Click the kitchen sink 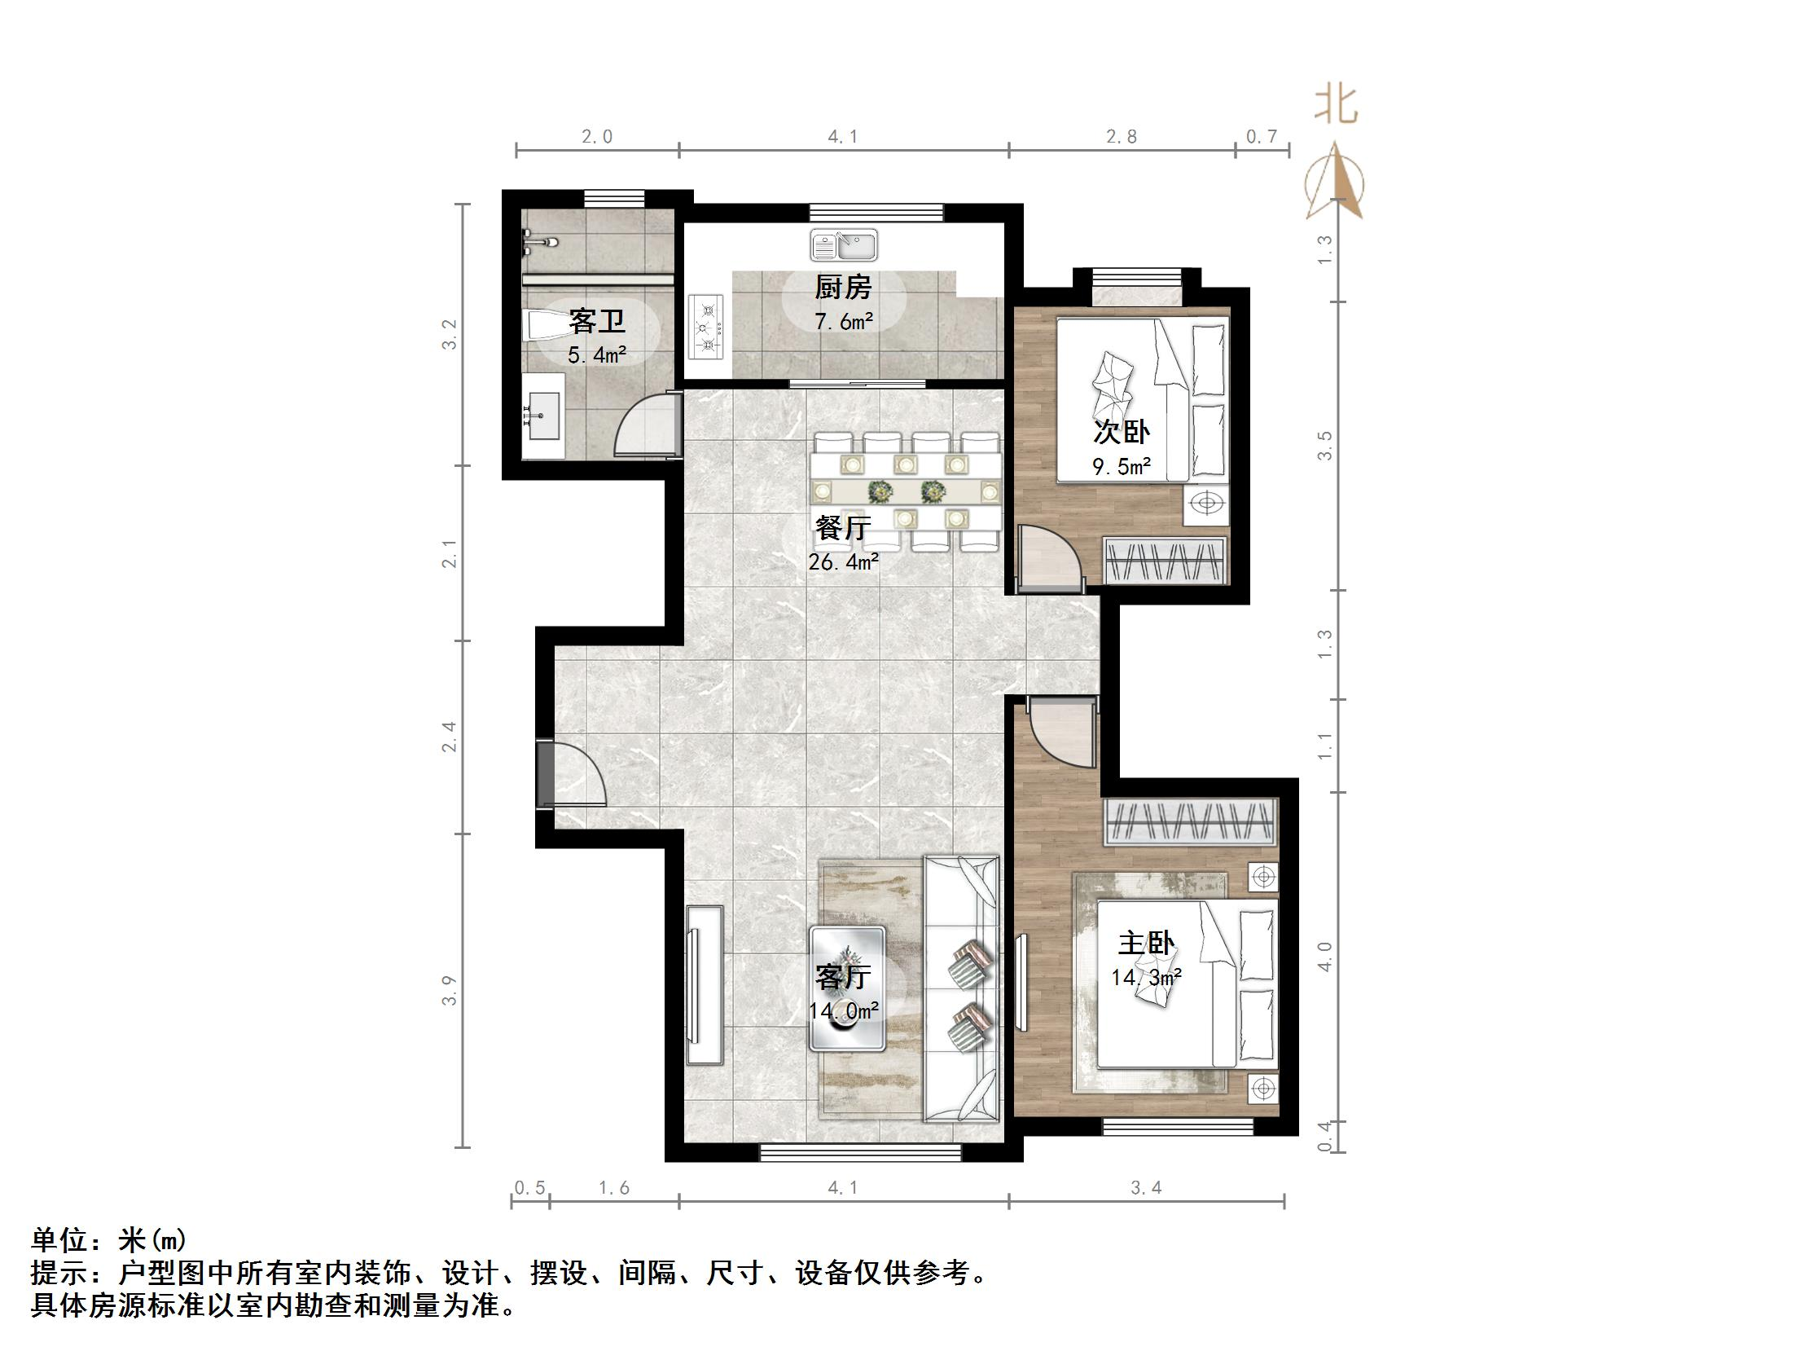(x=844, y=244)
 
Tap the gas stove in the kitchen (x=707, y=327)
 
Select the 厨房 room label (x=843, y=287)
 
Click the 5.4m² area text (x=597, y=354)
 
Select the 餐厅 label (x=843, y=528)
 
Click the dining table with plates (x=907, y=491)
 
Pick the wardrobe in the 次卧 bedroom (x=1165, y=561)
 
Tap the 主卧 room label (x=1145, y=944)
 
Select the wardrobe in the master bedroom (x=1189, y=821)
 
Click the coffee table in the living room (x=847, y=988)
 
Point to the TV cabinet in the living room (x=705, y=984)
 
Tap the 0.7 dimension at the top (x=1261, y=136)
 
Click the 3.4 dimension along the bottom (x=1145, y=1187)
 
